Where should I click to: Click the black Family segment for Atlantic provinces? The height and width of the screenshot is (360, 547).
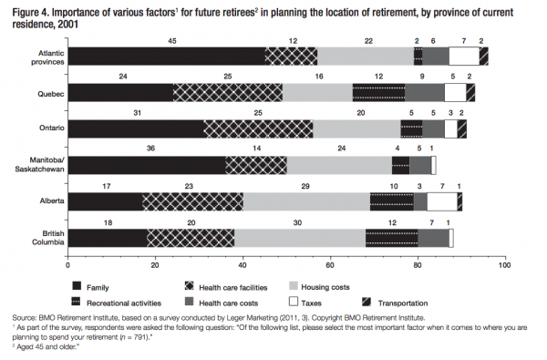tap(167, 56)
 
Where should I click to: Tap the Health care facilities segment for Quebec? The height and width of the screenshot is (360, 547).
tap(228, 91)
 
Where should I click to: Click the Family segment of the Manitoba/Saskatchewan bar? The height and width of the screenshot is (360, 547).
tap(147, 164)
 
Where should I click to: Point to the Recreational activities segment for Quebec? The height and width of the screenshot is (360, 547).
tap(378, 91)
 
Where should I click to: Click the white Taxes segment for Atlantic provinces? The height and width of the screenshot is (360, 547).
tap(464, 56)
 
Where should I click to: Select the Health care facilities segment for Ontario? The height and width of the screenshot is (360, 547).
tap(258, 128)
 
